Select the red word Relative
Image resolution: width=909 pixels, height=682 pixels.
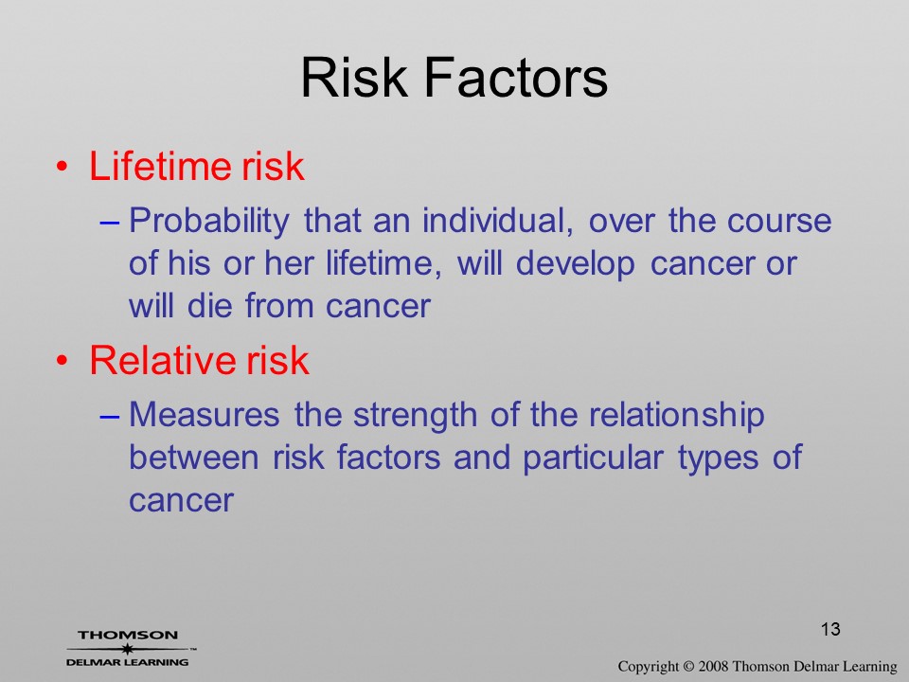point(163,360)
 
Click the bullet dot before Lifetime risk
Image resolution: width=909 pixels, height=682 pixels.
point(62,167)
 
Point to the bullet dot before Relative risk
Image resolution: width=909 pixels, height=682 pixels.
point(62,361)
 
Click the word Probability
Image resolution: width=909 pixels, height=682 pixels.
point(208,222)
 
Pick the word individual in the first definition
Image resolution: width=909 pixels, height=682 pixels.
point(497,221)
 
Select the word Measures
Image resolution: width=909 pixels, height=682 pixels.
point(204,415)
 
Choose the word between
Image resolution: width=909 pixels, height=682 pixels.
point(193,457)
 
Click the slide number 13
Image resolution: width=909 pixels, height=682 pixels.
point(830,629)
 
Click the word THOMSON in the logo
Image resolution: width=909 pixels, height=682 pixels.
point(128,635)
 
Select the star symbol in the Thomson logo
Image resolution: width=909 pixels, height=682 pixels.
point(126,649)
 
